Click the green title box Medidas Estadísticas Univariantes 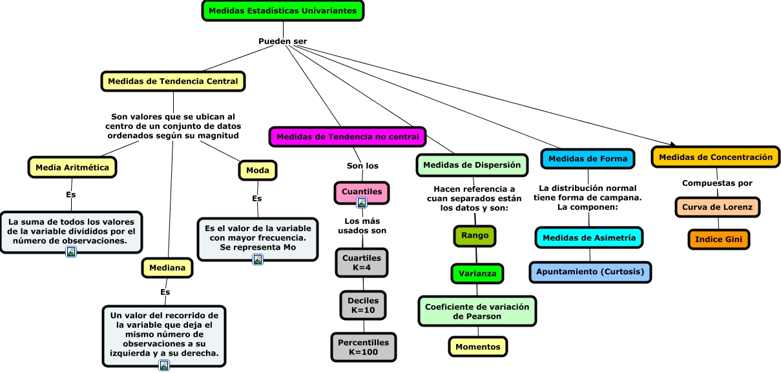click(x=283, y=11)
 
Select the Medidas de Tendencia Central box click(x=173, y=81)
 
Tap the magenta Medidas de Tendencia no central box click(x=348, y=137)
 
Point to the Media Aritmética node click(x=72, y=167)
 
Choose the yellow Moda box click(x=258, y=170)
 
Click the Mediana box click(x=167, y=267)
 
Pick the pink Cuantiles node click(x=362, y=192)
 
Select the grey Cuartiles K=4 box click(x=362, y=263)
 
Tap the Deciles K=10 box click(x=363, y=305)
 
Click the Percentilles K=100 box click(x=363, y=347)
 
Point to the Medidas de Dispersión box click(x=472, y=165)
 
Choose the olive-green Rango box click(x=475, y=236)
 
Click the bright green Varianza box click(x=477, y=274)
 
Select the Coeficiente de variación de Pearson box click(x=477, y=311)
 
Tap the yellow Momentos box click(x=478, y=347)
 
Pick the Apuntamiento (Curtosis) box click(x=590, y=272)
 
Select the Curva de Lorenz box click(x=718, y=207)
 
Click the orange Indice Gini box click(x=719, y=239)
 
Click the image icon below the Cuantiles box click(x=362, y=203)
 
